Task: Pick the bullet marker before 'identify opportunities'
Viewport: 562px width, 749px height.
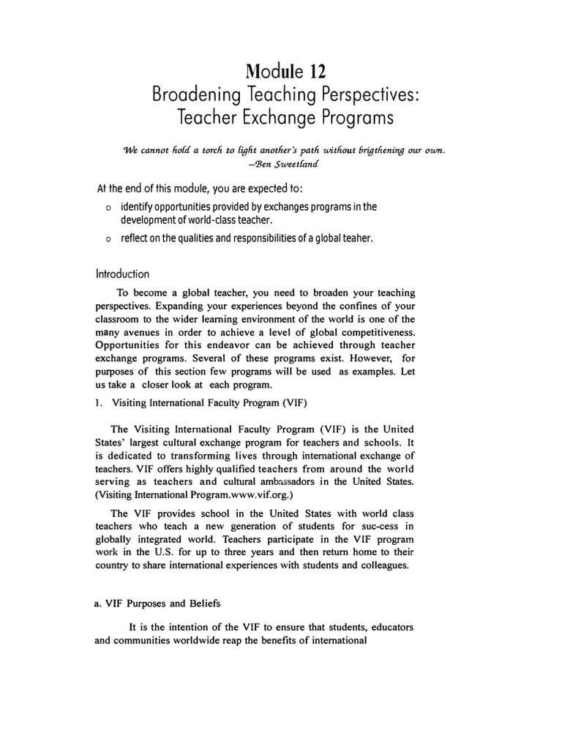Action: [x=108, y=208]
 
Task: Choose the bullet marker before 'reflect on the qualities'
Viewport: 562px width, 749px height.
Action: [x=108, y=238]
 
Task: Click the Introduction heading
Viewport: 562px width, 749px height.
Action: [x=122, y=274]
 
